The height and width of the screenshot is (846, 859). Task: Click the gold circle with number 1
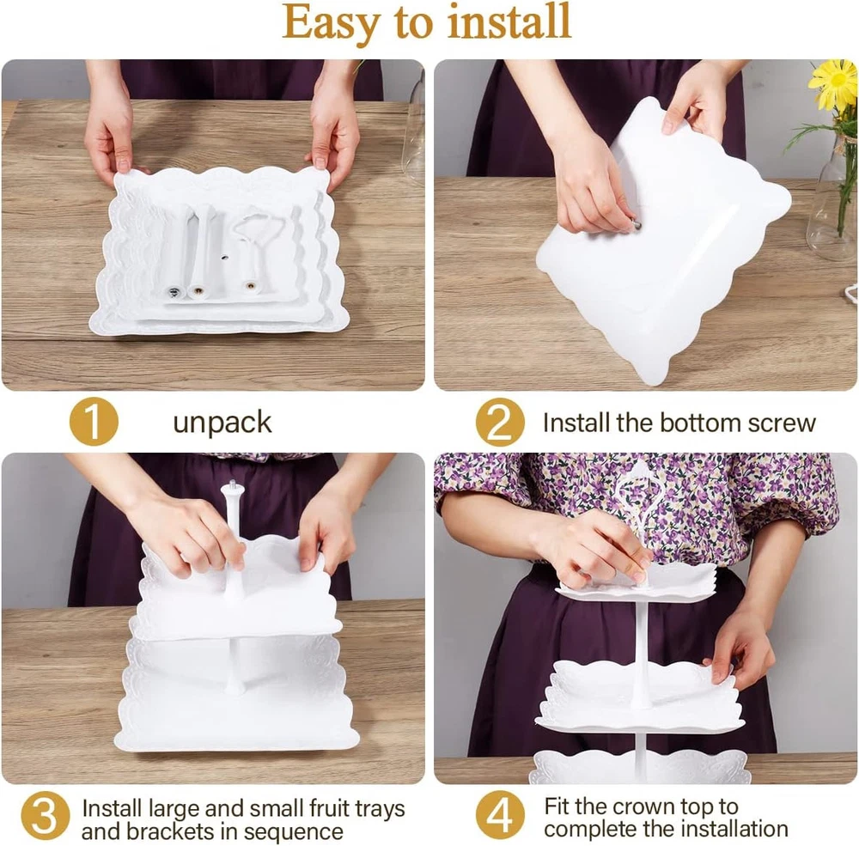(x=94, y=422)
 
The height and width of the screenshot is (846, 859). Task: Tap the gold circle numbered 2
(x=500, y=422)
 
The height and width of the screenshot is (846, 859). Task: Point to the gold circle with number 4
(x=500, y=815)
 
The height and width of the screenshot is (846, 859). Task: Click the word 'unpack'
(x=222, y=423)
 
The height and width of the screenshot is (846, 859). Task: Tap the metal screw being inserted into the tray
(x=635, y=224)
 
